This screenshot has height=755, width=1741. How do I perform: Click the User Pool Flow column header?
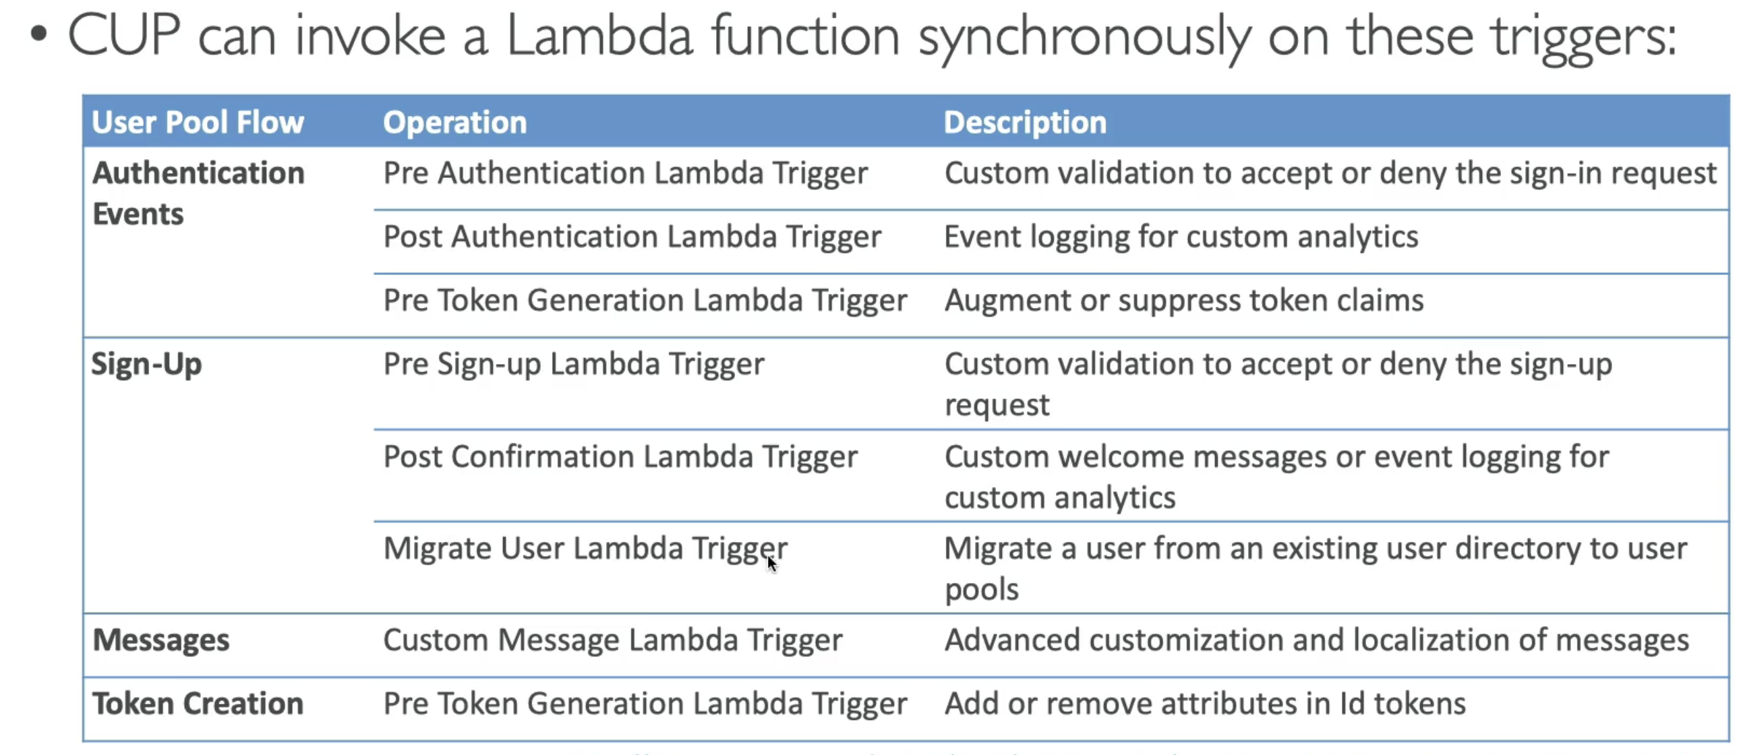click(198, 122)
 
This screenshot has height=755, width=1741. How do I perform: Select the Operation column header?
click(455, 123)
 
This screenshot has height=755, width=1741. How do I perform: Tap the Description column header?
click(1026, 123)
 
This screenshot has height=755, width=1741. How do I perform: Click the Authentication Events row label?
click(199, 193)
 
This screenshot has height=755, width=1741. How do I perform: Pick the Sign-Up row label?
click(147, 364)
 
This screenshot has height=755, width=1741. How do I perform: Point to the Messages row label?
click(161, 640)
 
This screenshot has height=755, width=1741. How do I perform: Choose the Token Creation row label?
click(198, 704)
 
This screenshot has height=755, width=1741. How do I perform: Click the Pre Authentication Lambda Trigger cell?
click(626, 173)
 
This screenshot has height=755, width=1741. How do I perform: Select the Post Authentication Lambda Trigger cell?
click(632, 237)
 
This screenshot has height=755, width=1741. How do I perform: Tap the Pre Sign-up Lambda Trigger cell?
click(574, 364)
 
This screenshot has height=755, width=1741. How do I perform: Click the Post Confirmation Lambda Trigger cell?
click(620, 457)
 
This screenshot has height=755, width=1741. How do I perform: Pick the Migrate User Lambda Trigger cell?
click(585, 549)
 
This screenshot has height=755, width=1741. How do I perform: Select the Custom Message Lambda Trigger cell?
click(613, 641)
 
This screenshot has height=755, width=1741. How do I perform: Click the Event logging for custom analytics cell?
click(1181, 237)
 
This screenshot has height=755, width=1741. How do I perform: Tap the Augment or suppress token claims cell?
click(1184, 301)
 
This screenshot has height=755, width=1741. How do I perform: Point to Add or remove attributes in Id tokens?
click(1205, 704)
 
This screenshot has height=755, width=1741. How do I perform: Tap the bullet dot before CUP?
click(38, 34)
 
